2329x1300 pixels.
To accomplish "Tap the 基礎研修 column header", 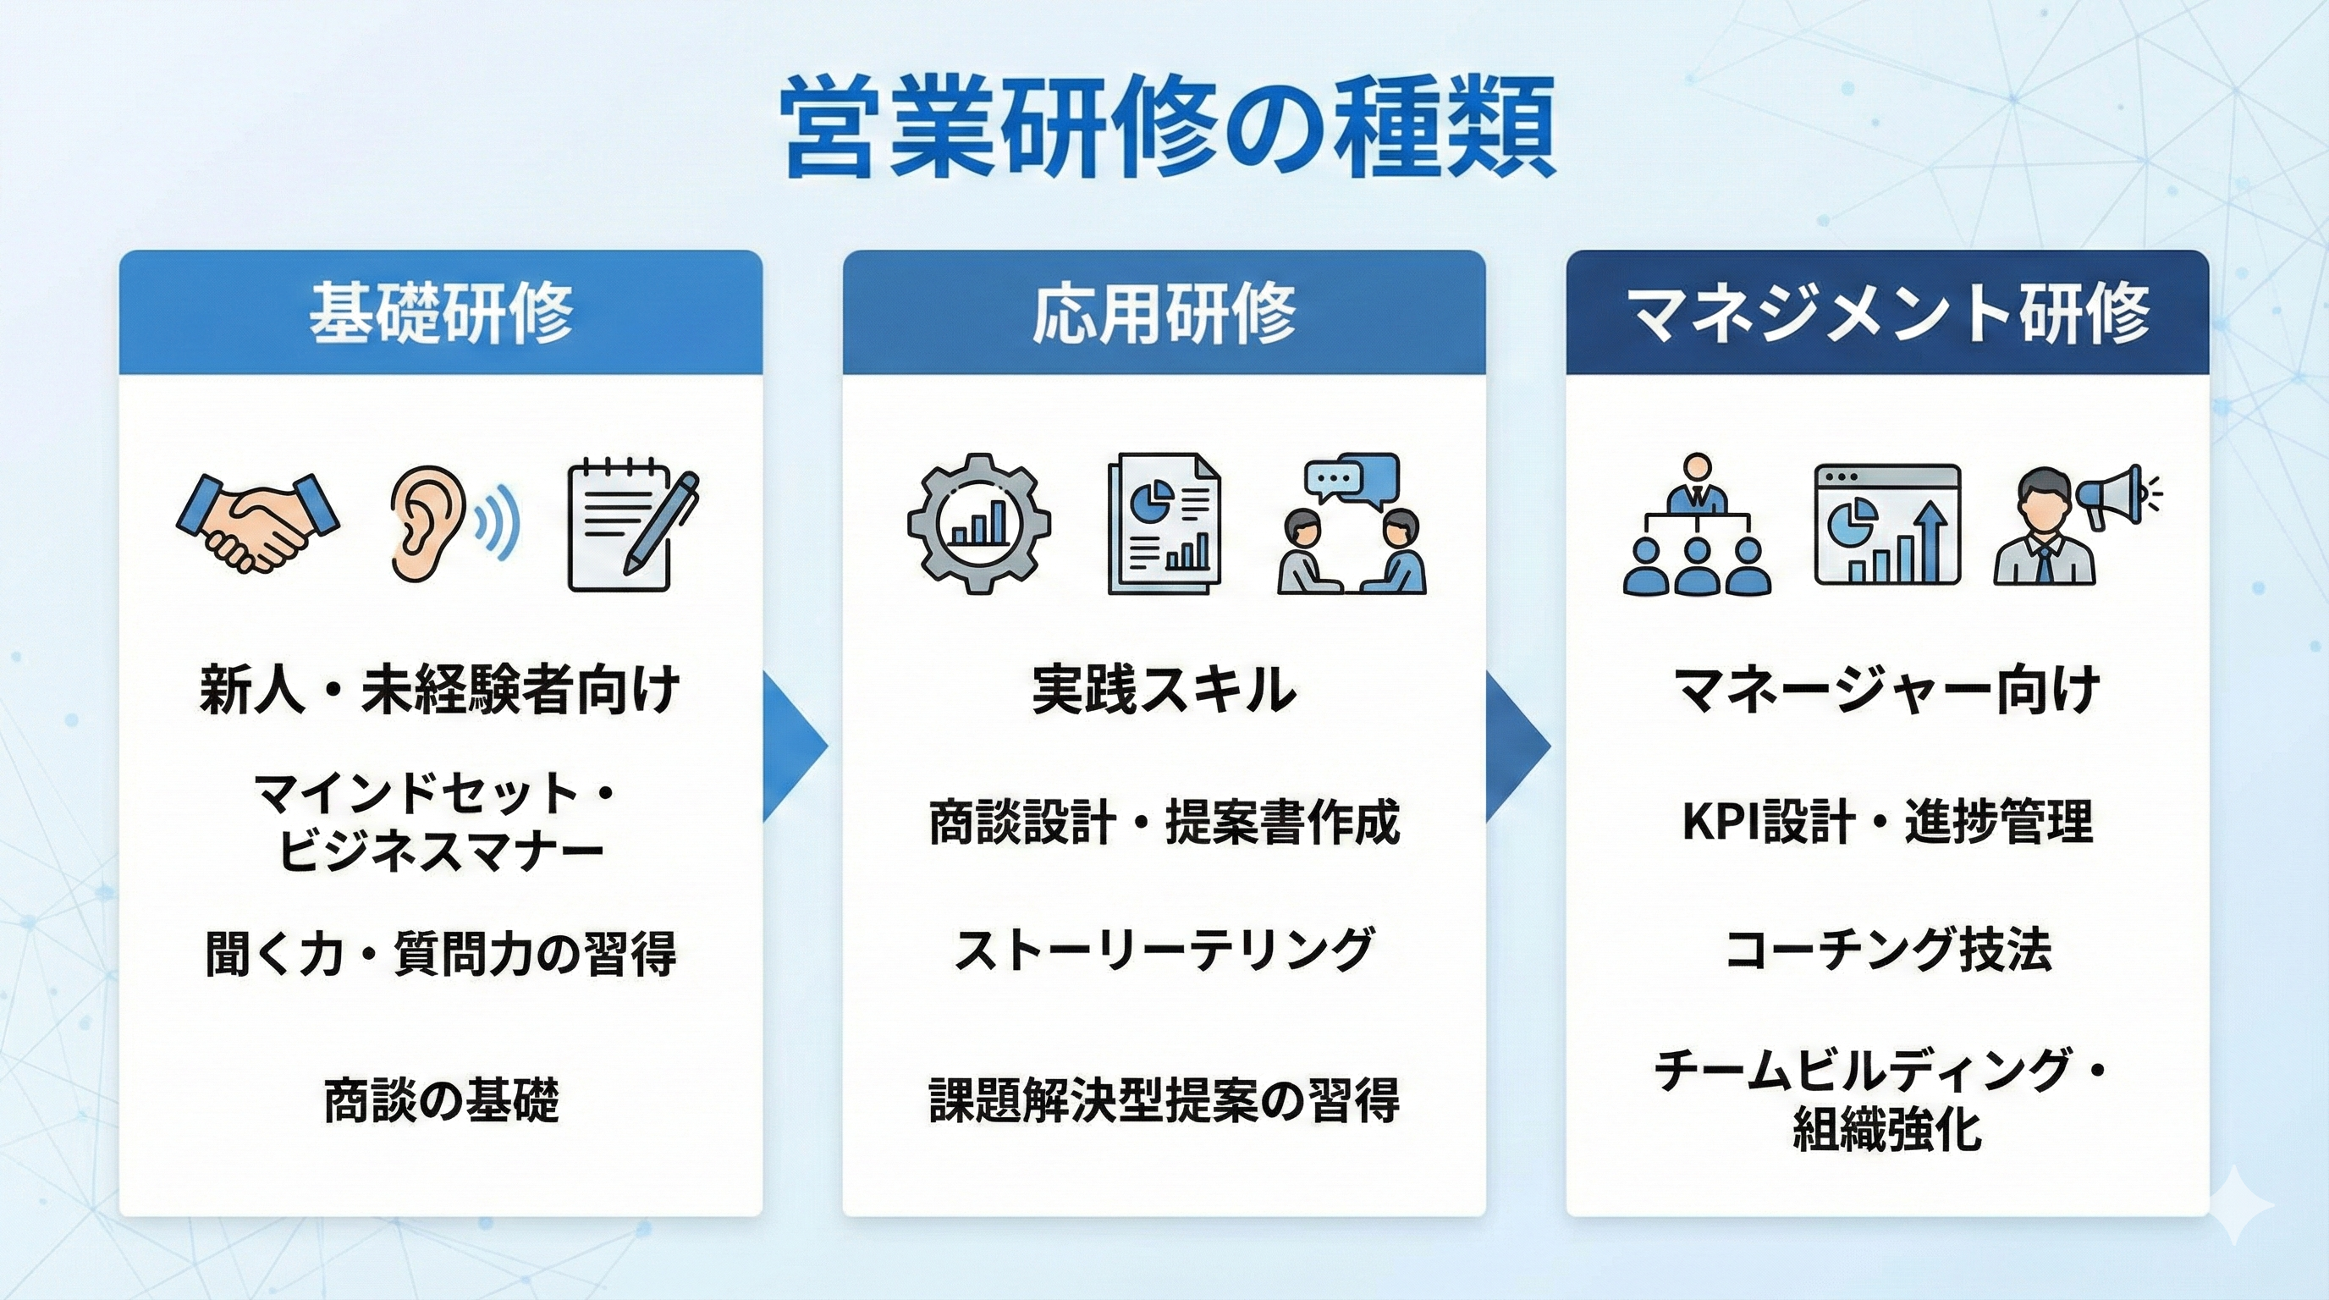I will pos(441,313).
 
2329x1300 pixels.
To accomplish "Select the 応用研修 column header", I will pos(1164,313).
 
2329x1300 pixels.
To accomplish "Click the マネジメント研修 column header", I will pos(1888,313).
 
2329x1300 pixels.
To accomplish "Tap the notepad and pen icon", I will pos(631,526).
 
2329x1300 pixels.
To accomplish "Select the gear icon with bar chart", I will pos(979,525).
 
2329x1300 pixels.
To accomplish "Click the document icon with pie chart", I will pos(1164,525).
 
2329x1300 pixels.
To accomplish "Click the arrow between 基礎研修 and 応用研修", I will pos(794,746).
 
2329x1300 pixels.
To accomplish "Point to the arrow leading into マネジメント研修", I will pos(1517,746).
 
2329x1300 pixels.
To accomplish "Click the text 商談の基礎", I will pos(441,1099).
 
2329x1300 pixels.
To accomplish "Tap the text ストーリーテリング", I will pos(1164,950).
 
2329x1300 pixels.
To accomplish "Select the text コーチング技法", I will pos(1888,950).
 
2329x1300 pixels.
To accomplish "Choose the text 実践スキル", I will pos(1164,691).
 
